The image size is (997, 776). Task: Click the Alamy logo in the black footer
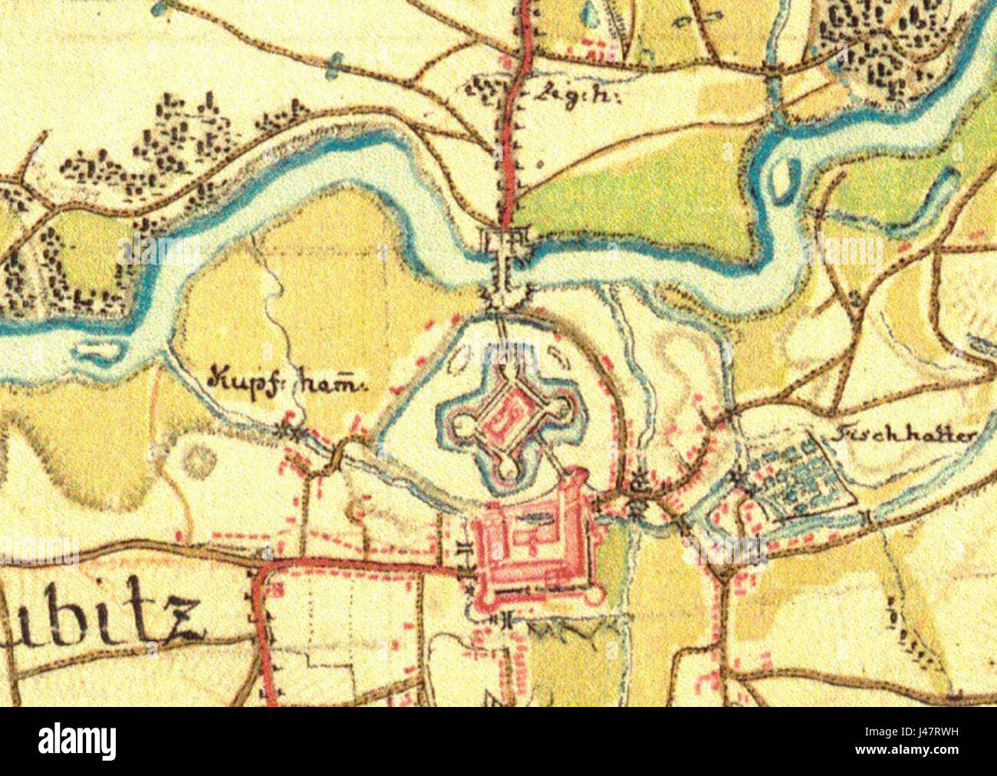coord(77,741)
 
